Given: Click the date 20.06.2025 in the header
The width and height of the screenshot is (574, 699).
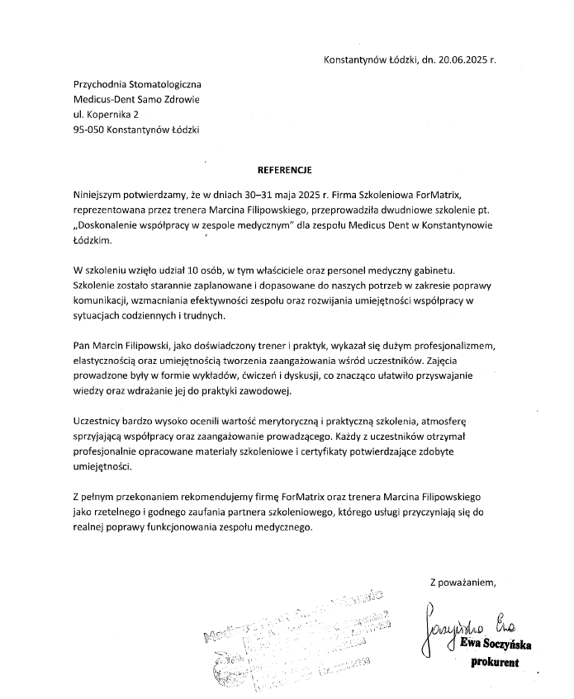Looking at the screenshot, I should coord(458,60).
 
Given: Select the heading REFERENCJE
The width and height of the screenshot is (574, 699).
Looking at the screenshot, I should coord(284,169).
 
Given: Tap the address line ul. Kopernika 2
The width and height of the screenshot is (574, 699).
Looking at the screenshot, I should coord(106,115).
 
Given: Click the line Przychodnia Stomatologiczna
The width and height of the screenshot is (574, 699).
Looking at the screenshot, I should coord(136,84).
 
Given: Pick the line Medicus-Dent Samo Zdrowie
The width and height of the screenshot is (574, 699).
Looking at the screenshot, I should coord(136,100).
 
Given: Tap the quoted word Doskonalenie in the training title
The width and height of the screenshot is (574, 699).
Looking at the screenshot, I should coord(113,225).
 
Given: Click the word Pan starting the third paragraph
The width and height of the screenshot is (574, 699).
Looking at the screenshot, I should coord(83,344).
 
